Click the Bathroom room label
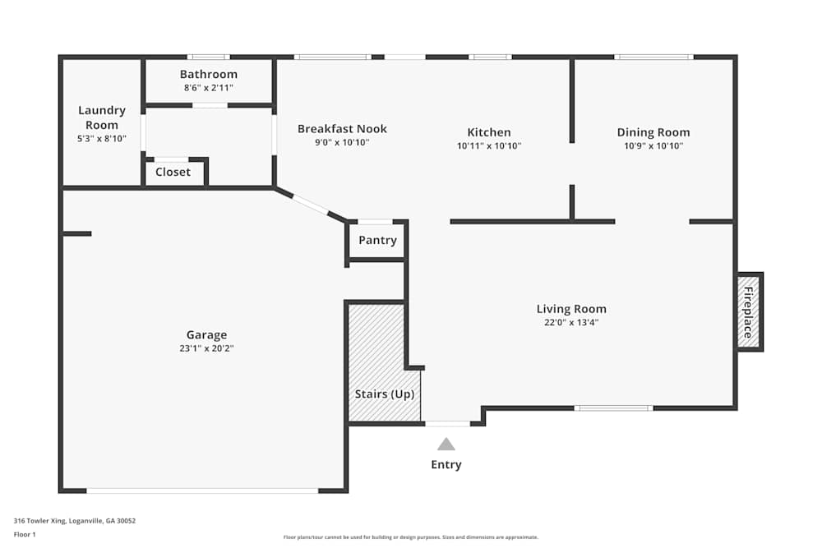(x=209, y=75)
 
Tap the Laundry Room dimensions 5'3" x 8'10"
(x=102, y=139)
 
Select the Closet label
(x=173, y=172)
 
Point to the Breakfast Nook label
(x=342, y=129)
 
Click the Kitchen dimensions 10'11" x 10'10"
(x=489, y=145)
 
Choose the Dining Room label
(x=653, y=132)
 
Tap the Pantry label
(x=377, y=241)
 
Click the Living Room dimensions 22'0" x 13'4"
(x=571, y=322)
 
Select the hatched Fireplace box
(x=748, y=312)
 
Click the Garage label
(x=206, y=334)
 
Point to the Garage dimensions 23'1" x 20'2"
(x=206, y=348)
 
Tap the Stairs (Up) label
(x=384, y=394)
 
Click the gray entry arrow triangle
(x=446, y=444)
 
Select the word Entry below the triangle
(x=446, y=465)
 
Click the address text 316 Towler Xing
(x=39, y=521)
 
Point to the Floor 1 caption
(x=25, y=534)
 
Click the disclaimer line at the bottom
(x=410, y=537)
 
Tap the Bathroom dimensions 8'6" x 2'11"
(x=209, y=88)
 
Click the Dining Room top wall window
(x=653, y=57)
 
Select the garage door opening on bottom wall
(x=202, y=490)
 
